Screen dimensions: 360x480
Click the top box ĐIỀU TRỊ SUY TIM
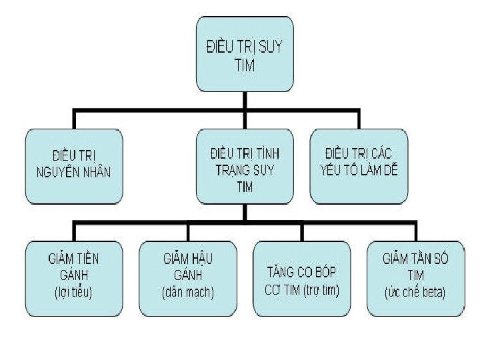[x=245, y=54]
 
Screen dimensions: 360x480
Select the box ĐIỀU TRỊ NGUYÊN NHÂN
[x=74, y=166]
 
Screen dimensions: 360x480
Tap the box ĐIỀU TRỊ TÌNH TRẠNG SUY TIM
[x=245, y=166]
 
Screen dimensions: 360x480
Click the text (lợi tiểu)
[x=73, y=293]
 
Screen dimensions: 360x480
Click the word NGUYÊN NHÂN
[x=74, y=173]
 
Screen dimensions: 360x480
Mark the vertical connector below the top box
[x=245, y=100]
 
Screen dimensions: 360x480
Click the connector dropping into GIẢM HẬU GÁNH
[x=188, y=231]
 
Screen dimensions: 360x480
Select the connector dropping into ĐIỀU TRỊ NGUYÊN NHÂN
[x=75, y=120]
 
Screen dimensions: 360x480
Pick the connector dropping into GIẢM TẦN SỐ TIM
[x=416, y=231]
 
